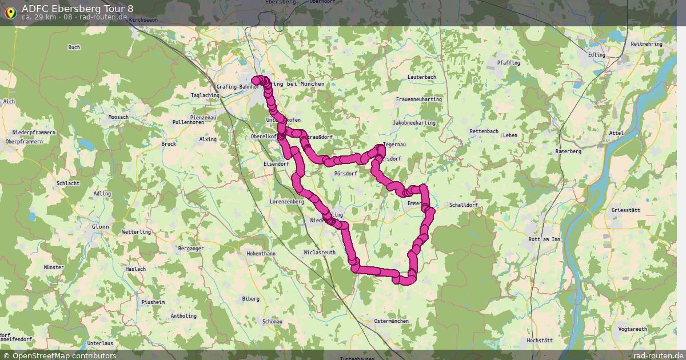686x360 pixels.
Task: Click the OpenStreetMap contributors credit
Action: click(64, 355)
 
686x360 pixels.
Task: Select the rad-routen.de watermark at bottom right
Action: click(659, 355)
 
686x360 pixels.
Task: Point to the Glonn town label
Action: click(100, 227)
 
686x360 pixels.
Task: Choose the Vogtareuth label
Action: click(633, 329)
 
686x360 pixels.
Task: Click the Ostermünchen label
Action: click(391, 321)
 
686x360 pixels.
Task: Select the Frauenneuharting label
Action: click(419, 99)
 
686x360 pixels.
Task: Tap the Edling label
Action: click(597, 55)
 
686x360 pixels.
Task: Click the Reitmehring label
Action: click(647, 44)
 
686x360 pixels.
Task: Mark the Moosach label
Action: click(118, 117)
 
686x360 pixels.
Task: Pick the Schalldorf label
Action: click(463, 205)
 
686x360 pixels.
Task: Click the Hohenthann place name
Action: click(261, 253)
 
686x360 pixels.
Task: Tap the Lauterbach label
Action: click(422, 77)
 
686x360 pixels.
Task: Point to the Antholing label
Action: click(184, 315)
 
